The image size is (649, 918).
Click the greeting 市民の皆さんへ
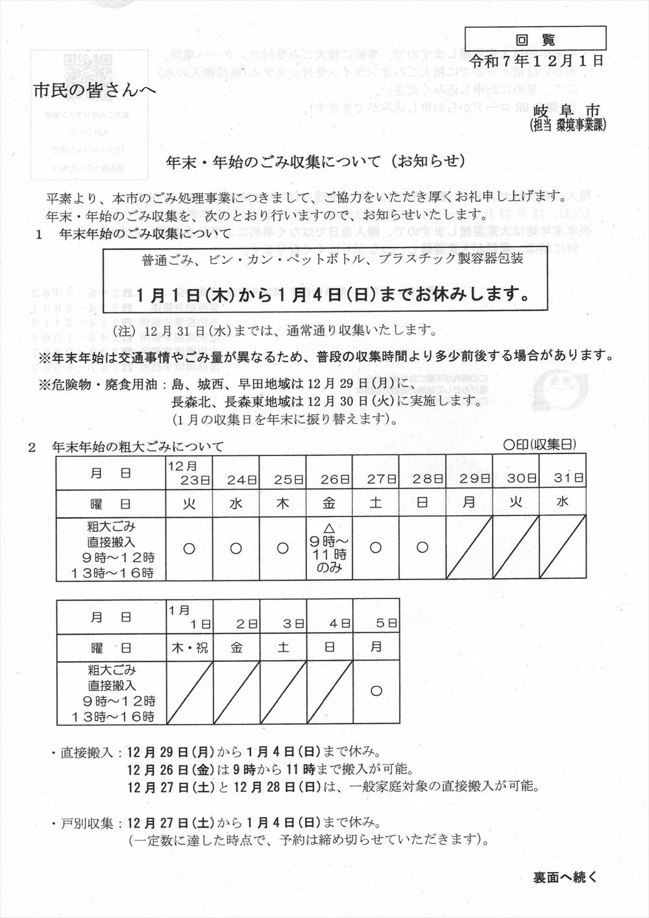pos(95,91)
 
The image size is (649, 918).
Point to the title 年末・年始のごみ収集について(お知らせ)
pos(316,161)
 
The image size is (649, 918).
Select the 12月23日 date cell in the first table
pos(190,474)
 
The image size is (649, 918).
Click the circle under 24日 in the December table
pos(236,548)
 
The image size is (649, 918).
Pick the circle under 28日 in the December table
pos(422,548)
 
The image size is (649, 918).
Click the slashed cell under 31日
pos(563,548)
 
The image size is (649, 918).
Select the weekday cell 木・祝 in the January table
pos(190,648)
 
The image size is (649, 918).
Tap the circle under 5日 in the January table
pos(376,691)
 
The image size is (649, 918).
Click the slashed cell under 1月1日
pos(190,693)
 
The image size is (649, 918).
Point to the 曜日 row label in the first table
pos(111,503)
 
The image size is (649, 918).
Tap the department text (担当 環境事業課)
pos(568,125)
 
